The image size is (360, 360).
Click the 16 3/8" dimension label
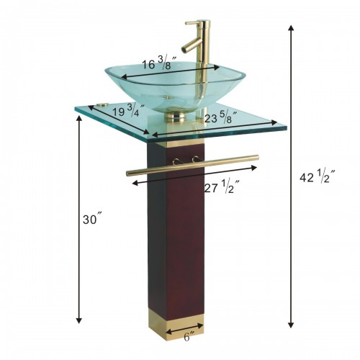coord(156,64)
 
